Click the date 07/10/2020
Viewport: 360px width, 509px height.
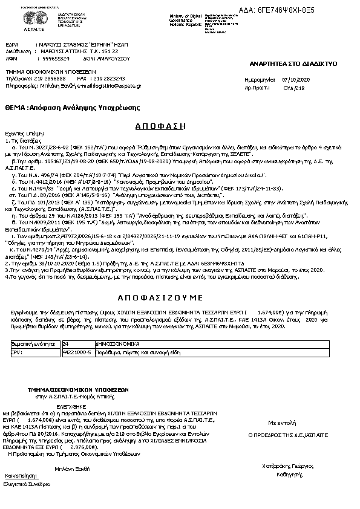[x=295, y=79]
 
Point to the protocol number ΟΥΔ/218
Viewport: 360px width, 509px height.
[x=294, y=88]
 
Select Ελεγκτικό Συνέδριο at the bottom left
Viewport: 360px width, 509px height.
[x=27, y=484]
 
